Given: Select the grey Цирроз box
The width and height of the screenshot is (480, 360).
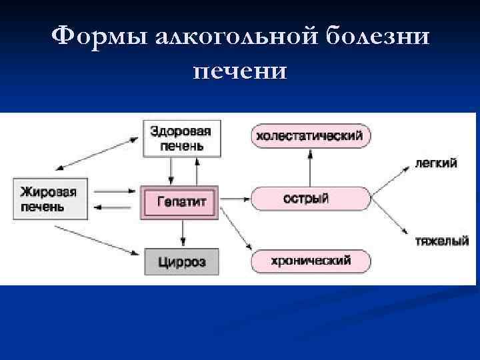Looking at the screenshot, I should pos(182,261).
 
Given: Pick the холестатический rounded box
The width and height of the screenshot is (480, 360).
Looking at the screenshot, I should pos(310,136).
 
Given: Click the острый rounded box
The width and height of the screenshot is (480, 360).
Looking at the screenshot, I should pos(310,199).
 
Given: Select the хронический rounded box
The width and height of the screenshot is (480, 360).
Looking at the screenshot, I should pos(310,260).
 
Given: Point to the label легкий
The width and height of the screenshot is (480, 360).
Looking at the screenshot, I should pos(436,163).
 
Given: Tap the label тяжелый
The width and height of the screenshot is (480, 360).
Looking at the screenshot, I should pos(442,241).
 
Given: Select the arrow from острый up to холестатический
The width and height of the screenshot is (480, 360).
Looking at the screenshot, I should pos(310,167).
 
